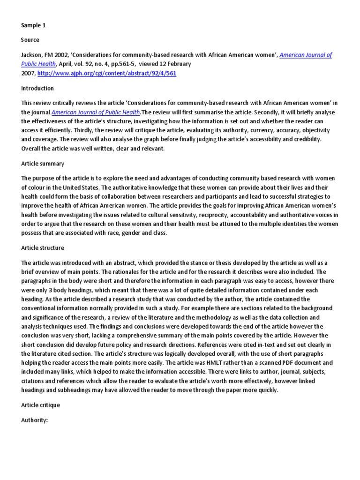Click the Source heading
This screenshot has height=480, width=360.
(x=30, y=40)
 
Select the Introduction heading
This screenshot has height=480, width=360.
(x=37, y=88)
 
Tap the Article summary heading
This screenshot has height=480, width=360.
(x=43, y=164)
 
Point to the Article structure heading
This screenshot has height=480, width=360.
(x=43, y=247)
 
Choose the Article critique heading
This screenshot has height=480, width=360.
(x=41, y=405)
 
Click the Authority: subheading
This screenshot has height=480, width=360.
(x=35, y=420)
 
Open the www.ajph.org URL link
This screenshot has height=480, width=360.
(x=107, y=74)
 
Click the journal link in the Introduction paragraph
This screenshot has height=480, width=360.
(x=95, y=112)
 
